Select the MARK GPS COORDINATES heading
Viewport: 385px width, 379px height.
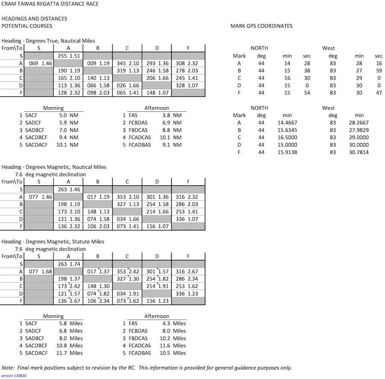(x=261, y=26)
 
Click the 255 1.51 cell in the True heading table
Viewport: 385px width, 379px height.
(x=68, y=56)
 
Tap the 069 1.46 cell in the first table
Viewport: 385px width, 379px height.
(x=40, y=63)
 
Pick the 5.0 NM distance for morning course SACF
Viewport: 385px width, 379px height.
(x=69, y=116)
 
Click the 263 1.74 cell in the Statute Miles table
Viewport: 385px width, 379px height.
(x=68, y=264)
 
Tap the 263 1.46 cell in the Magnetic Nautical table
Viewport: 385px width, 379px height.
(x=68, y=189)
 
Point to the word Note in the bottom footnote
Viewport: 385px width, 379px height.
(x=8, y=368)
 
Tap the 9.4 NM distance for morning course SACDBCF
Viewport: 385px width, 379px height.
(x=69, y=137)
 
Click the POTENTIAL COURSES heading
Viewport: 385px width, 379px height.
(x=27, y=26)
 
